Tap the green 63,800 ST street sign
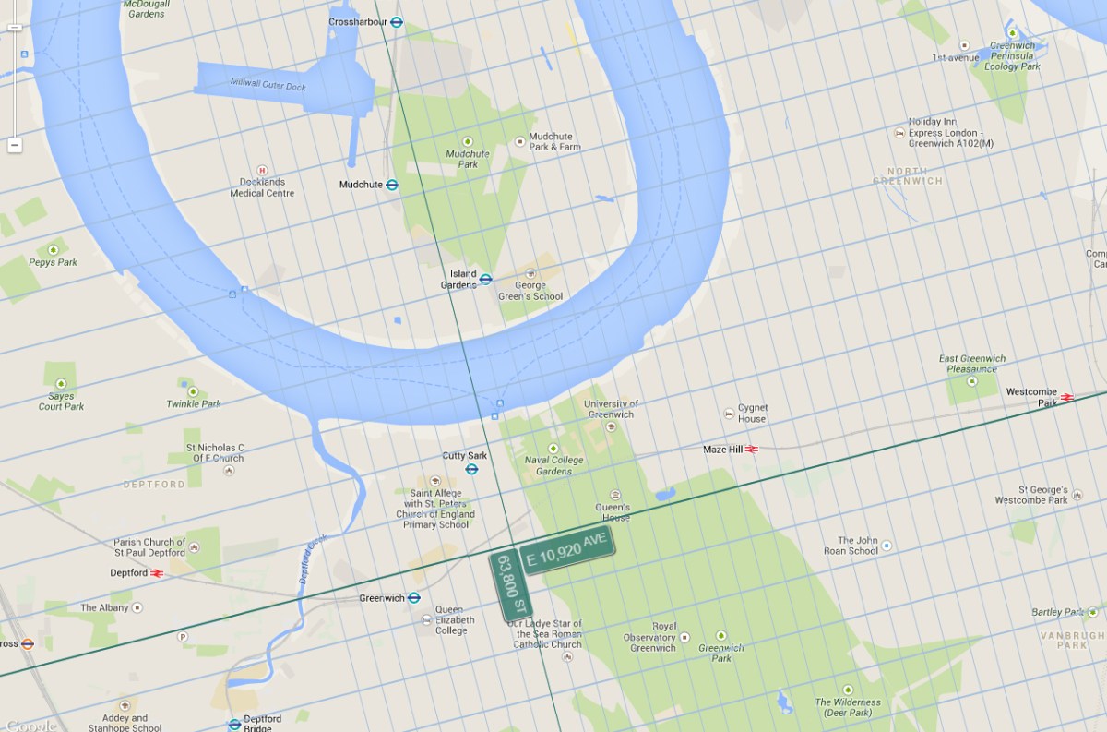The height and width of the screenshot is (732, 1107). point(512,585)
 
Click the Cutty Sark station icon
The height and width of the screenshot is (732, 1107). point(471,469)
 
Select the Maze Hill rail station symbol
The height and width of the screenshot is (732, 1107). point(752,450)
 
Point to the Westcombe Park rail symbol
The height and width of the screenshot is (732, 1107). point(1067,397)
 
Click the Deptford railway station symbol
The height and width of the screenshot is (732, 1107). point(157,573)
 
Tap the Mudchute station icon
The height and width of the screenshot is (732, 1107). point(392,185)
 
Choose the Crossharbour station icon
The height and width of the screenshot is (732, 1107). point(397,21)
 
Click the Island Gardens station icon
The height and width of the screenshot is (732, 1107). point(486,279)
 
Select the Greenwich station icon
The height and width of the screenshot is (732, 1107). point(414,598)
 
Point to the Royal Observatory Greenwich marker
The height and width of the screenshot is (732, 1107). point(684,638)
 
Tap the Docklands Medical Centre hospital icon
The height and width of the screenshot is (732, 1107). point(262,170)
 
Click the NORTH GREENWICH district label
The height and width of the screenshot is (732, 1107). point(908,176)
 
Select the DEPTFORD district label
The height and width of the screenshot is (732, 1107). point(154,484)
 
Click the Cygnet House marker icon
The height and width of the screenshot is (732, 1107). point(729,413)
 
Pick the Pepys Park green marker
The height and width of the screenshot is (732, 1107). point(53,249)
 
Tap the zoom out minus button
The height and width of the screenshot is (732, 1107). point(15,145)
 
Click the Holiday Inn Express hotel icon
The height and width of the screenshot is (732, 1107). point(899,133)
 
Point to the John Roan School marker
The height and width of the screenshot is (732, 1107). point(887,546)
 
